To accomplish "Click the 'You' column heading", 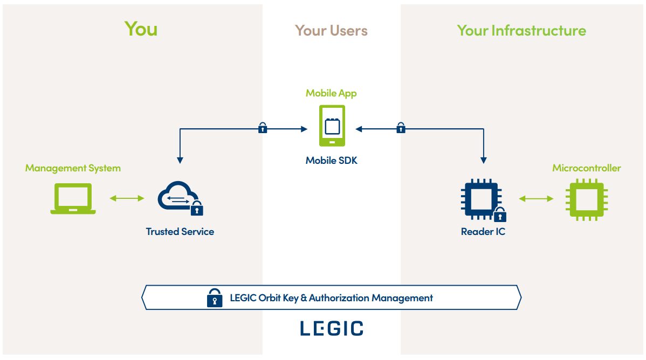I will (141, 29).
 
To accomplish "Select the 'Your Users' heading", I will (331, 31).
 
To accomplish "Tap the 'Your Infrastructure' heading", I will (521, 31).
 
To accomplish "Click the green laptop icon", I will (73, 198).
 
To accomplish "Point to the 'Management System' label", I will (73, 168).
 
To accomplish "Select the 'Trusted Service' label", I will (180, 232).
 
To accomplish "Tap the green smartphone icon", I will (332, 126).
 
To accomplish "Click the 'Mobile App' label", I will (331, 93).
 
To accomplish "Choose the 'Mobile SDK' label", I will (331, 160).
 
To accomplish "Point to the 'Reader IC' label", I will (483, 232).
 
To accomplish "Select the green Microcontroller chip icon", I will (586, 199).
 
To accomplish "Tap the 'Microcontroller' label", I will (586, 168).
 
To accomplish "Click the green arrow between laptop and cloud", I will (127, 198).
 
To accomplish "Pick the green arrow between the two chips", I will (536, 199).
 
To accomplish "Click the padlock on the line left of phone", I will (263, 128).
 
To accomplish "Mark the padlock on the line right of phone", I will (401, 128).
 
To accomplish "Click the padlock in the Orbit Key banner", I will (215, 298).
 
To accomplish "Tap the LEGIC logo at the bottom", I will (331, 328).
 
